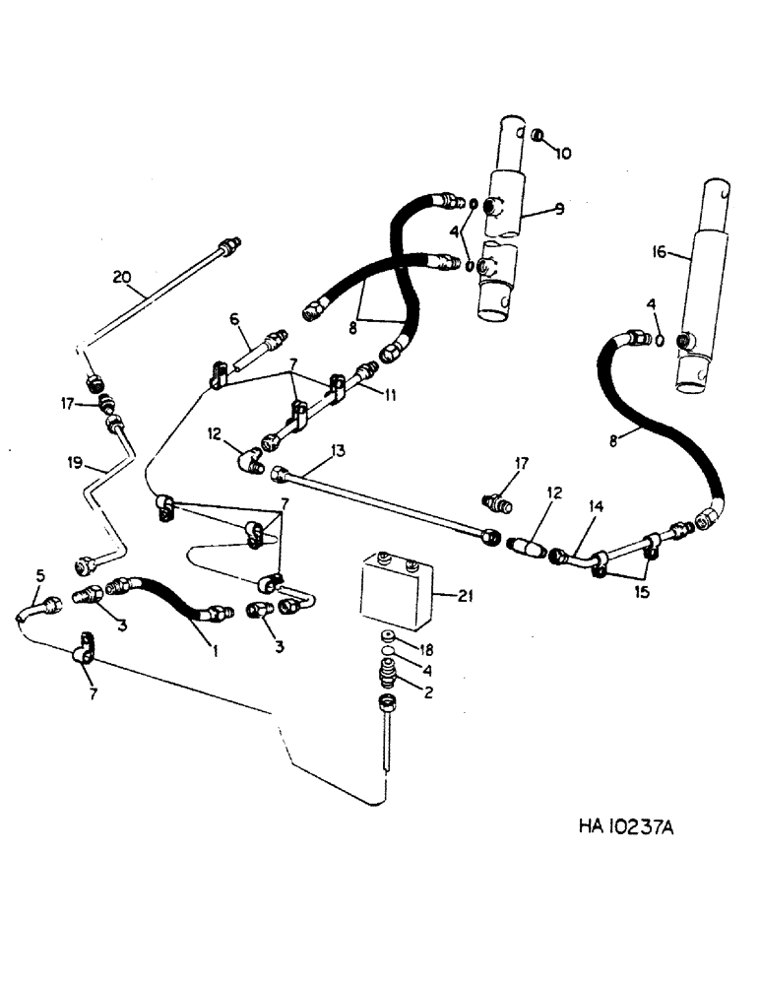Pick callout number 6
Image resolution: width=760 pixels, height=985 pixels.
pos(233,319)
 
